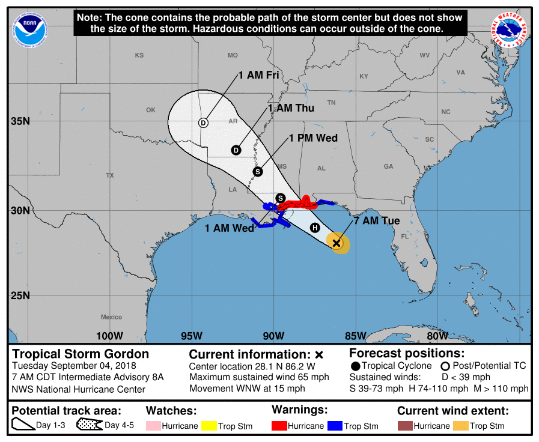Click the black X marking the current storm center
pyautogui.click(x=337, y=243)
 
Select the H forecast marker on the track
pyautogui.click(x=314, y=227)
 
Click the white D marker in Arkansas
pyautogui.click(x=203, y=123)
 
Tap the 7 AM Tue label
pyautogui.click(x=377, y=221)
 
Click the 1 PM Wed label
pyautogui.click(x=313, y=138)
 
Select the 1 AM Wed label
pyautogui.click(x=229, y=228)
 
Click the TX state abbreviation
pyautogui.click(x=110, y=175)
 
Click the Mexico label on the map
pyautogui.click(x=111, y=317)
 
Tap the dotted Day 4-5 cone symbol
pyautogui.click(x=89, y=426)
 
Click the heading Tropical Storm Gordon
pyautogui.click(x=81, y=354)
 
